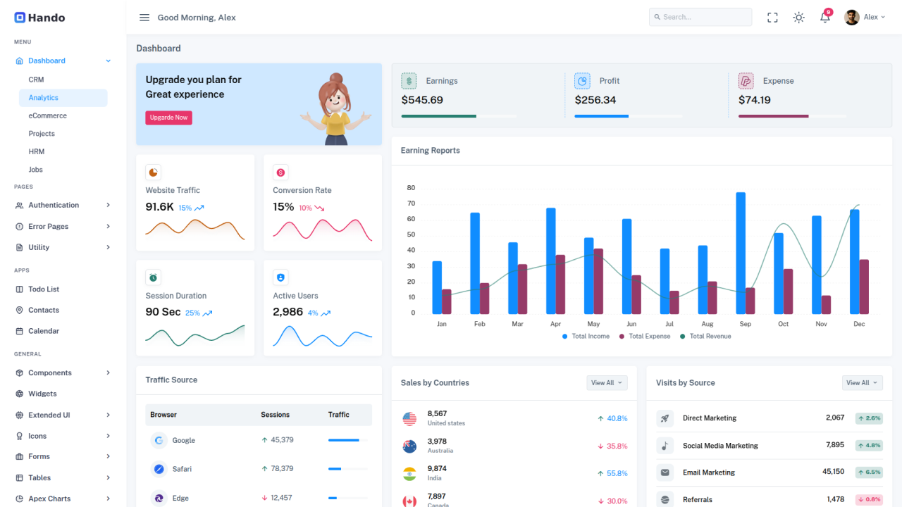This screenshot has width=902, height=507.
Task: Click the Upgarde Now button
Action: click(168, 118)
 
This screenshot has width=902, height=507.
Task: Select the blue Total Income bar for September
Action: click(741, 254)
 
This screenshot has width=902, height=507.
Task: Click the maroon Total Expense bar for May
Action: click(598, 281)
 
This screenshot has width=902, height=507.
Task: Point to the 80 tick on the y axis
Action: click(411, 188)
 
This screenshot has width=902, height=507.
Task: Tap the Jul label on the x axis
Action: click(669, 324)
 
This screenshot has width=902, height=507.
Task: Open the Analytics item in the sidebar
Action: click(44, 98)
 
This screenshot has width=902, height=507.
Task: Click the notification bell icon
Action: click(824, 18)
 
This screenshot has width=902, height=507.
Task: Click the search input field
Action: click(700, 17)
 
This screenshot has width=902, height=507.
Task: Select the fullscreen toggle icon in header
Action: click(772, 18)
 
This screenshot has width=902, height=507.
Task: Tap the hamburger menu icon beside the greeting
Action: click(144, 18)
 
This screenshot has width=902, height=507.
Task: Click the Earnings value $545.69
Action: click(422, 100)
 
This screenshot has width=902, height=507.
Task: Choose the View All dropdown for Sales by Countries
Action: click(607, 382)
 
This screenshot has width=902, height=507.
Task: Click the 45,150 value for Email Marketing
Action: click(833, 472)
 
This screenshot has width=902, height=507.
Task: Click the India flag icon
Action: click(409, 473)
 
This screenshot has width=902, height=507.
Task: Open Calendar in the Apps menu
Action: click(44, 331)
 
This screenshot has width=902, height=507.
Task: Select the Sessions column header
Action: click(275, 415)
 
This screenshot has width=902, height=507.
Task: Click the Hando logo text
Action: click(47, 18)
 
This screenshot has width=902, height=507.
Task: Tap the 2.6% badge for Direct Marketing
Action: click(869, 418)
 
